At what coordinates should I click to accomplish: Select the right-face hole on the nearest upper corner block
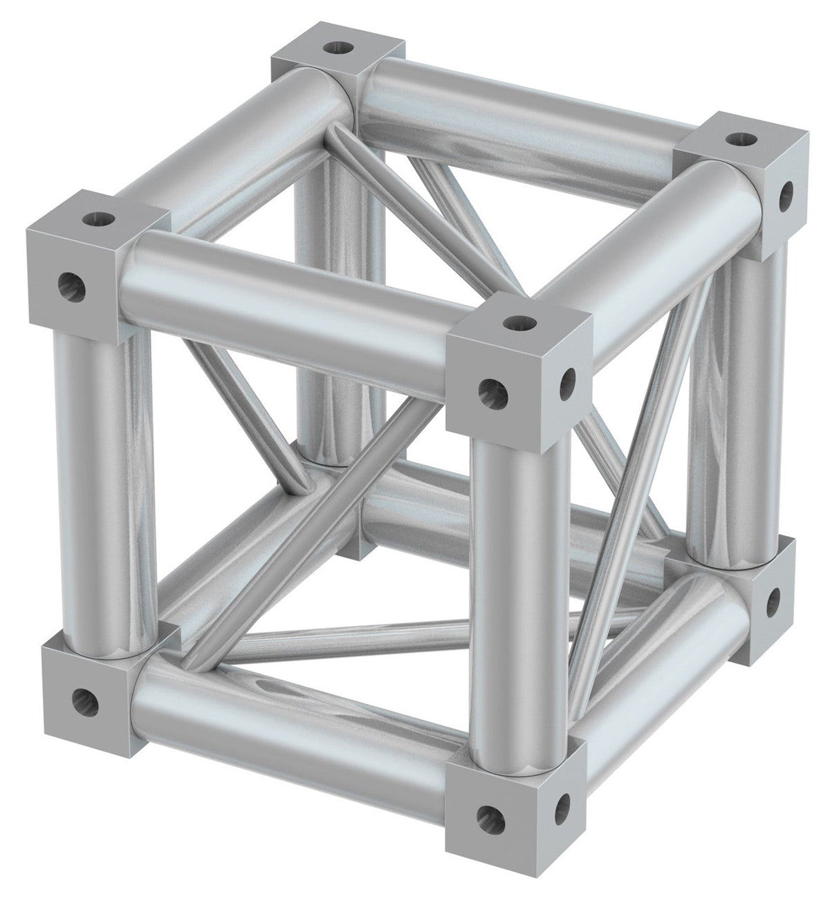pyautogui.click(x=569, y=378)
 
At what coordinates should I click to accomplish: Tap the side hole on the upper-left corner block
pyautogui.click(x=68, y=281)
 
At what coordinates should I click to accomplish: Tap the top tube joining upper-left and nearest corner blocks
pyautogui.click(x=290, y=304)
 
